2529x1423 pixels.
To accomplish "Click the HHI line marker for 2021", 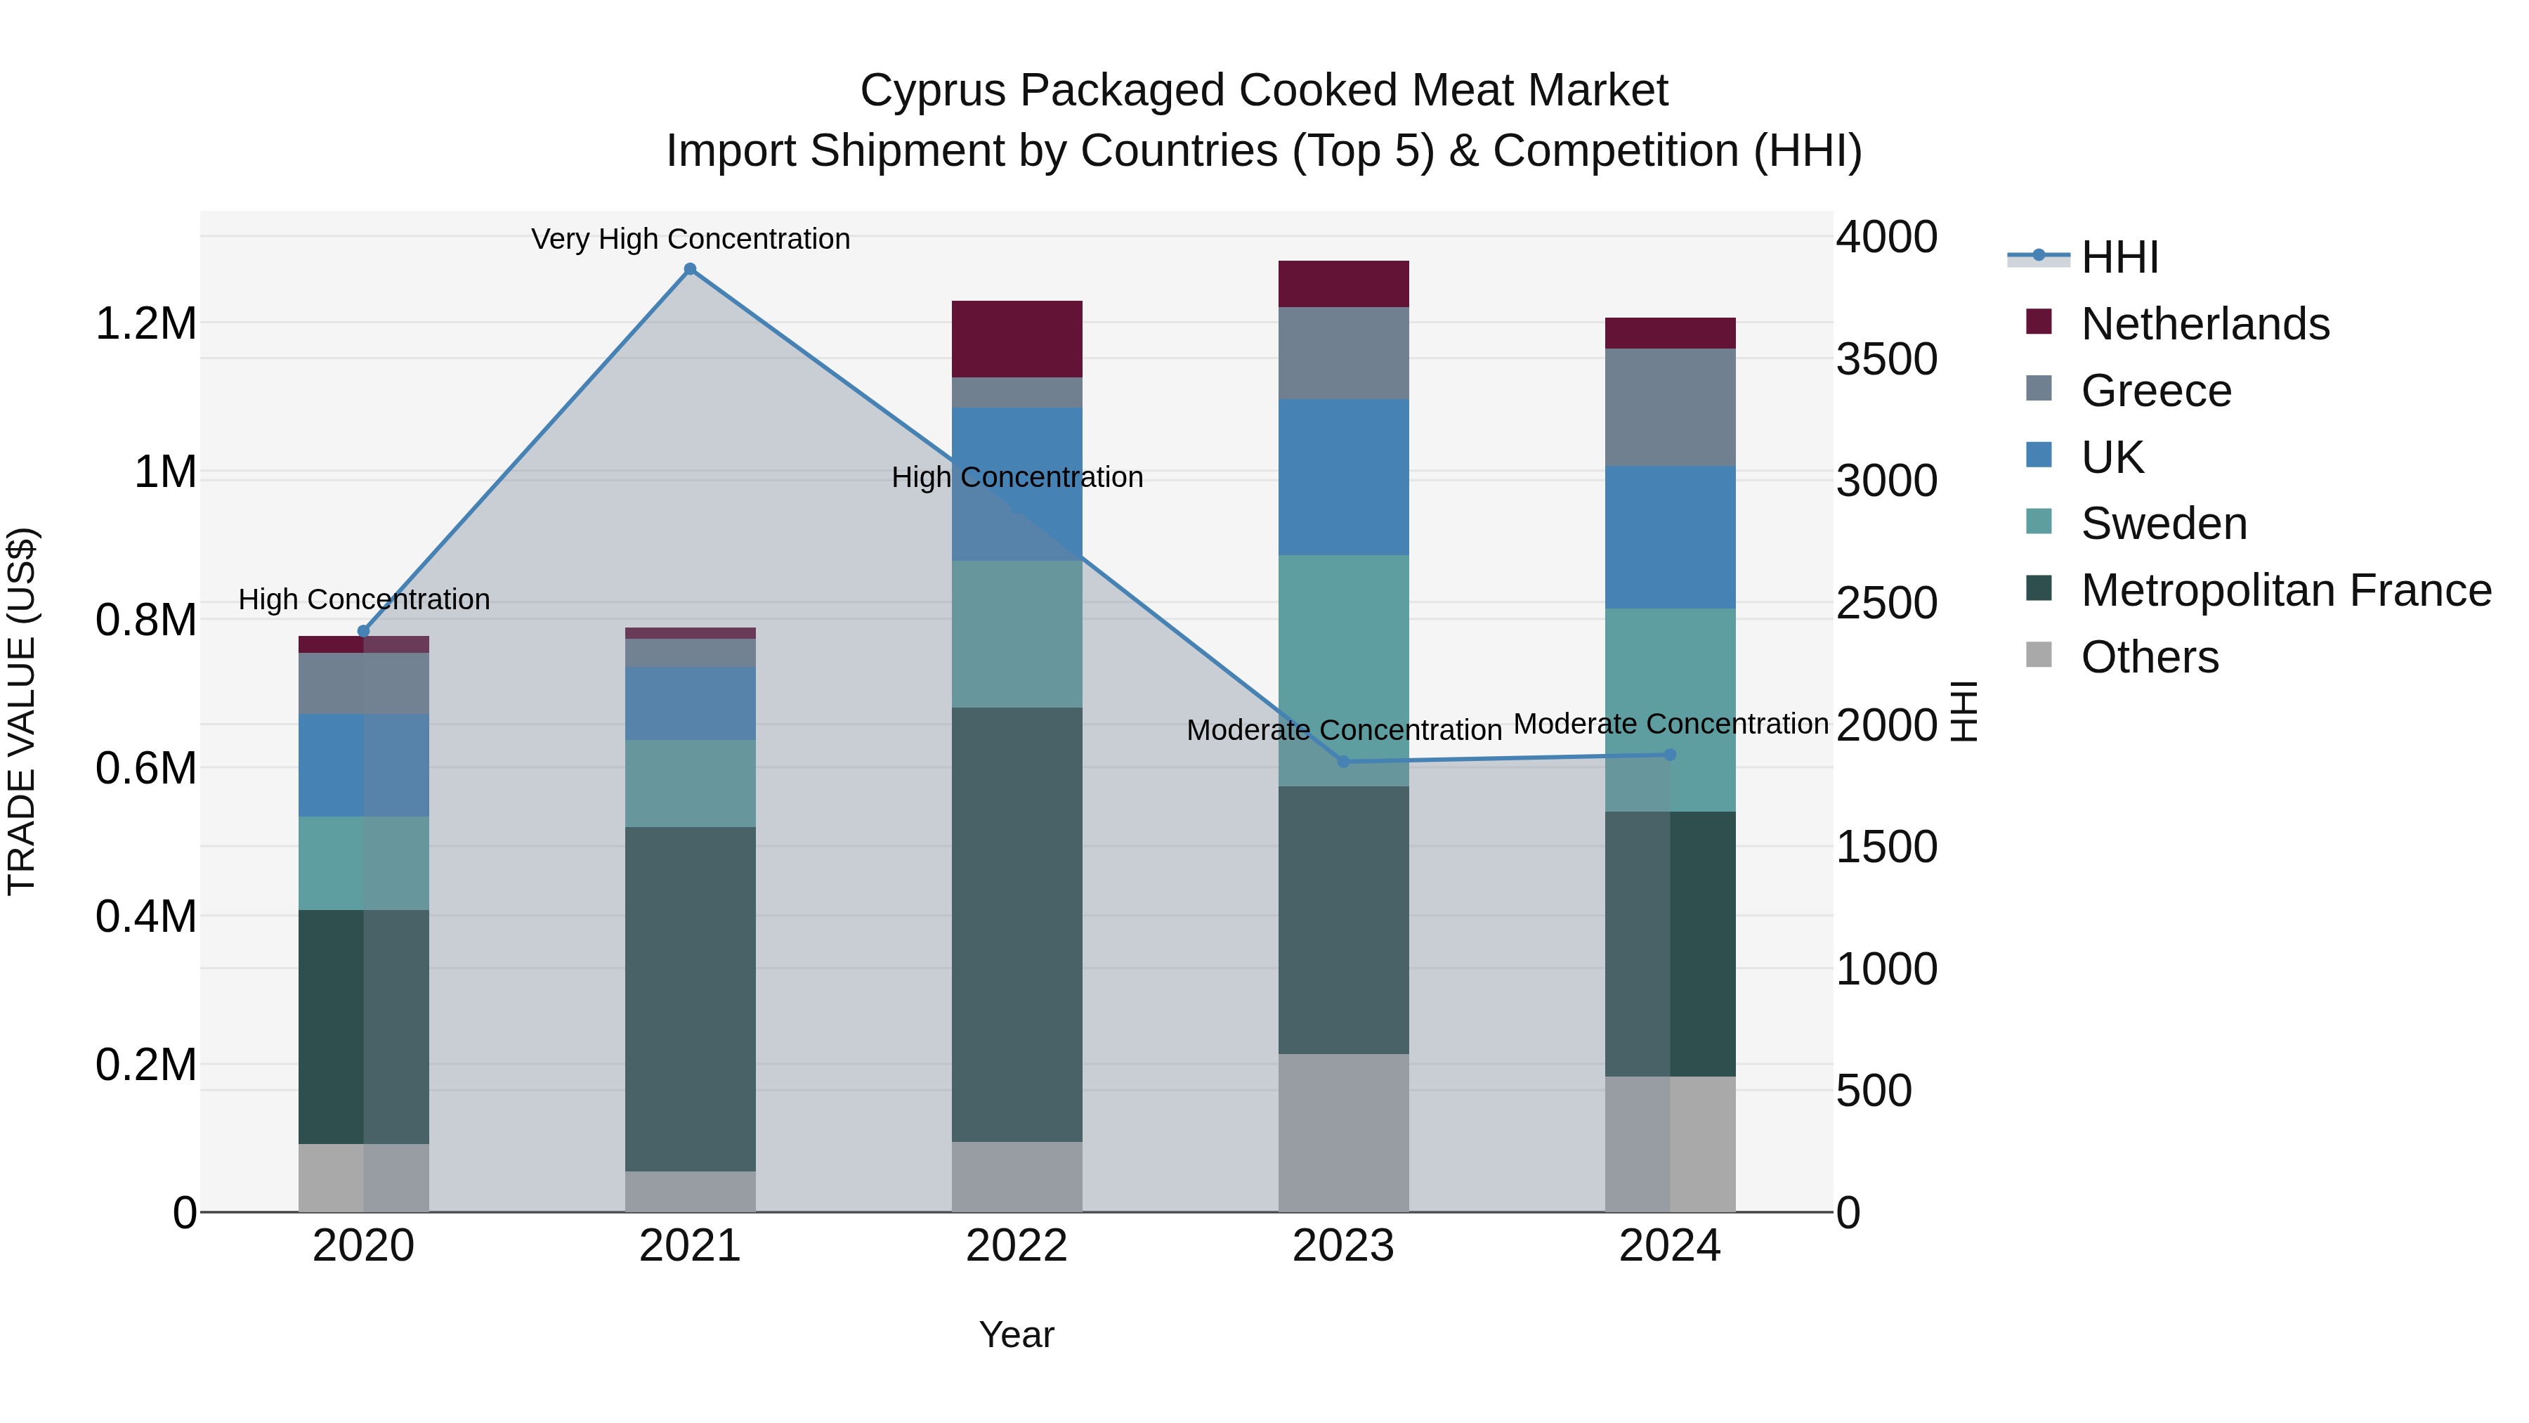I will pyautogui.click(x=690, y=269).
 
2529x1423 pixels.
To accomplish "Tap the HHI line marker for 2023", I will pyautogui.click(x=1343, y=761).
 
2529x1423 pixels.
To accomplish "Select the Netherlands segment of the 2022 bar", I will pyautogui.click(x=1017, y=339).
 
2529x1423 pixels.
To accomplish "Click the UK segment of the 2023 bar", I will pyautogui.click(x=1343, y=476).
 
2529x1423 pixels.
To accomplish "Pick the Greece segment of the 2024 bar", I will pyautogui.click(x=1670, y=407).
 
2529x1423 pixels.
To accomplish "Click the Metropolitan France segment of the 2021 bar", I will pyautogui.click(x=690, y=998).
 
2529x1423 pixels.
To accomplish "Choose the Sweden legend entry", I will pyautogui.click(x=2163, y=524).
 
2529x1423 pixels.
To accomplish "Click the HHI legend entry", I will pyautogui.click(x=2119, y=257).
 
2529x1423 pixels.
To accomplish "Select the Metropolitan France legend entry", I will pyautogui.click(x=2285, y=590).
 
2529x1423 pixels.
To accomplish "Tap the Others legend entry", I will pyautogui.click(x=2148, y=657).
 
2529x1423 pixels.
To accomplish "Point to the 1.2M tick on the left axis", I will pyautogui.click(x=145, y=324).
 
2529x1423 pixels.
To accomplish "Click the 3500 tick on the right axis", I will pyautogui.click(x=1886, y=359).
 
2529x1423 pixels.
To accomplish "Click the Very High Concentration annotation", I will pyautogui.click(x=690, y=239).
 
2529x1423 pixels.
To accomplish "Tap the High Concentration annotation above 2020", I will pyautogui.click(x=363, y=599).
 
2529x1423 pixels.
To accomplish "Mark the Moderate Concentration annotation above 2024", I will pyautogui.click(x=1670, y=724).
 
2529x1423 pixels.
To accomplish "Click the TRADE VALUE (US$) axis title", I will pyautogui.click(x=22, y=711).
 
